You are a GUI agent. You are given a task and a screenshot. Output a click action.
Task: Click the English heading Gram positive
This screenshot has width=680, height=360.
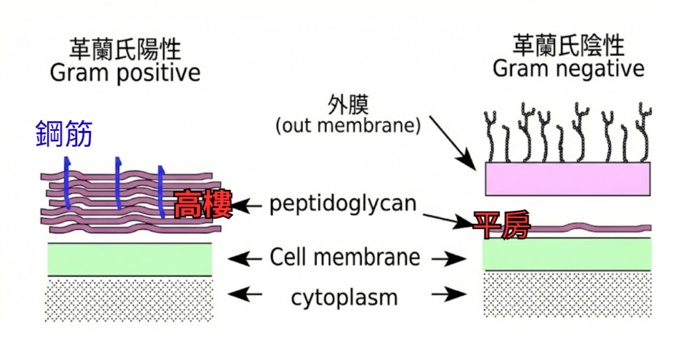(x=125, y=72)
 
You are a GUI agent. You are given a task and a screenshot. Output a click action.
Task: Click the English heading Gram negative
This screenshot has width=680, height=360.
(x=568, y=68)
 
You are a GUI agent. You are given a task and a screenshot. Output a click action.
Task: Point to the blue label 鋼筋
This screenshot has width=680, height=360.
(x=64, y=134)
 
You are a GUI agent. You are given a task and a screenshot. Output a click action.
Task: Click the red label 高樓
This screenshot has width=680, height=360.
(x=203, y=205)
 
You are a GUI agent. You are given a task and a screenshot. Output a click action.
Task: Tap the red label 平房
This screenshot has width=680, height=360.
(x=501, y=225)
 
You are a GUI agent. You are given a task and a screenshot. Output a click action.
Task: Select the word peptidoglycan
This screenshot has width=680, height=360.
(x=343, y=203)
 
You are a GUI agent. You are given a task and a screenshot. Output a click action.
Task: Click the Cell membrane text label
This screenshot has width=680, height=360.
(x=345, y=257)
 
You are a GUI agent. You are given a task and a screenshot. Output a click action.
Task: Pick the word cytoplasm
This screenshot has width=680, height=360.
(x=344, y=297)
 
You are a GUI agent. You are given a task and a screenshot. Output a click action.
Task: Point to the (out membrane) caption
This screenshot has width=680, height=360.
(x=348, y=126)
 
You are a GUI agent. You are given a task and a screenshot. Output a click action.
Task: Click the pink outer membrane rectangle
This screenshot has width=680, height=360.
(x=567, y=178)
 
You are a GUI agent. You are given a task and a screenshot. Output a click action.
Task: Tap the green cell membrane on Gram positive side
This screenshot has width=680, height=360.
(x=129, y=259)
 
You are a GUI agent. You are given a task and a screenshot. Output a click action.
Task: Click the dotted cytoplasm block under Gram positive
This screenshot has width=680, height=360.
(x=129, y=300)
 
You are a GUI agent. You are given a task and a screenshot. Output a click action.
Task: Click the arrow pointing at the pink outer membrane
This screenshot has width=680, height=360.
(x=452, y=141)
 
